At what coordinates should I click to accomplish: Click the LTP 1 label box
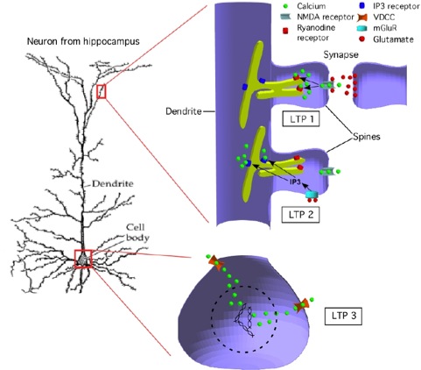(x=301, y=119)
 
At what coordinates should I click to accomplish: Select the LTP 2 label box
(x=301, y=215)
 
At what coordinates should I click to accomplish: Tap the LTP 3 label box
(x=344, y=316)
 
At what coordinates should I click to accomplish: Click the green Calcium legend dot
(x=285, y=5)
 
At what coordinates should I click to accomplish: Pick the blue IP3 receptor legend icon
(x=362, y=5)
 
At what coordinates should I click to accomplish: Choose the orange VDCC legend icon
(x=361, y=18)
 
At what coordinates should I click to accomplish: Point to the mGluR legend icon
(x=362, y=28)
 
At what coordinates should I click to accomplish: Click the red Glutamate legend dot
(x=362, y=39)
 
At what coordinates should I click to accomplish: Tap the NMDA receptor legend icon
(x=286, y=17)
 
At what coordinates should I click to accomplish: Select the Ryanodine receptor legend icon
(x=285, y=31)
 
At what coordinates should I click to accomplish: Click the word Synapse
(x=340, y=54)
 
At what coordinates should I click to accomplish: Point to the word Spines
(x=367, y=137)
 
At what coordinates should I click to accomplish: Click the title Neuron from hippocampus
(x=83, y=41)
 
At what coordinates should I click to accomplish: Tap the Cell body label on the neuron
(x=137, y=232)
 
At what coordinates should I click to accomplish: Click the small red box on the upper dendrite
(x=102, y=91)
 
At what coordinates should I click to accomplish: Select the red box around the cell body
(x=83, y=259)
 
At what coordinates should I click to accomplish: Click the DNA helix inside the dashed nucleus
(x=244, y=321)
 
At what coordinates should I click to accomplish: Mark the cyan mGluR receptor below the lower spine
(x=312, y=195)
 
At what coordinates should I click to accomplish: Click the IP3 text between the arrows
(x=295, y=181)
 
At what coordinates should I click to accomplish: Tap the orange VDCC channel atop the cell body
(x=217, y=262)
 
